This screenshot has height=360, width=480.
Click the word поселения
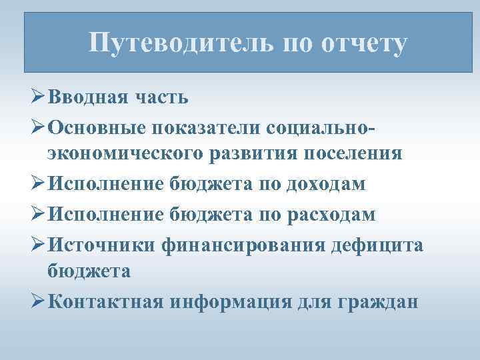click(x=353, y=153)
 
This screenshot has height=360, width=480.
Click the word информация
click(x=233, y=301)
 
